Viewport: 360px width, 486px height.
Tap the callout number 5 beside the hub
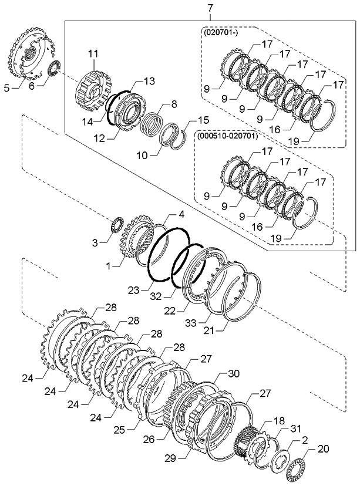[x=7, y=88]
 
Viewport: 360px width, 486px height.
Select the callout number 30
[x=233, y=373]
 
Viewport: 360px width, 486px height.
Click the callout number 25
[x=120, y=430]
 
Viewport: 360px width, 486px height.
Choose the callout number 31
[x=295, y=429]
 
